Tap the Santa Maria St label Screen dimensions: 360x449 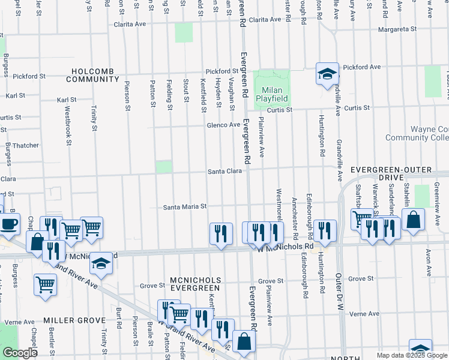[x=185, y=206]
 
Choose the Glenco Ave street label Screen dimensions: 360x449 [x=223, y=125]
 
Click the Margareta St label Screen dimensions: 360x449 [x=397, y=29]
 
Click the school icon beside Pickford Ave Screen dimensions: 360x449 [x=327, y=74]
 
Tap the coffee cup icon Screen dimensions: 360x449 [x=8, y=224]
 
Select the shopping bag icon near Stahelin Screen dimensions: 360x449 [x=414, y=220]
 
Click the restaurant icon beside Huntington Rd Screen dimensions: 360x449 [x=325, y=231]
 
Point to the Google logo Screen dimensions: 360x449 [x=20, y=353]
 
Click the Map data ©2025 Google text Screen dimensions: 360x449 [x=412, y=355]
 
